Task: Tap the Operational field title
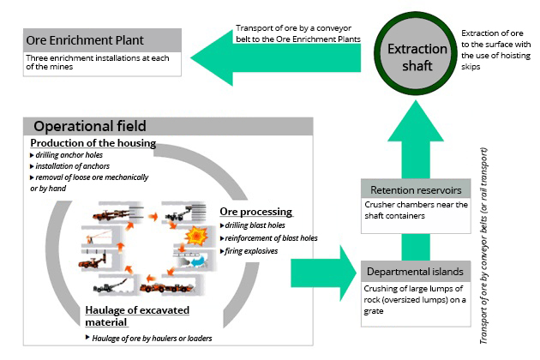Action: click(x=90, y=125)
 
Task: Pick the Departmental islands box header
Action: click(x=416, y=272)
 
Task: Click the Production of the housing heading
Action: click(x=93, y=142)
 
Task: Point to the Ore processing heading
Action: click(x=255, y=211)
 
